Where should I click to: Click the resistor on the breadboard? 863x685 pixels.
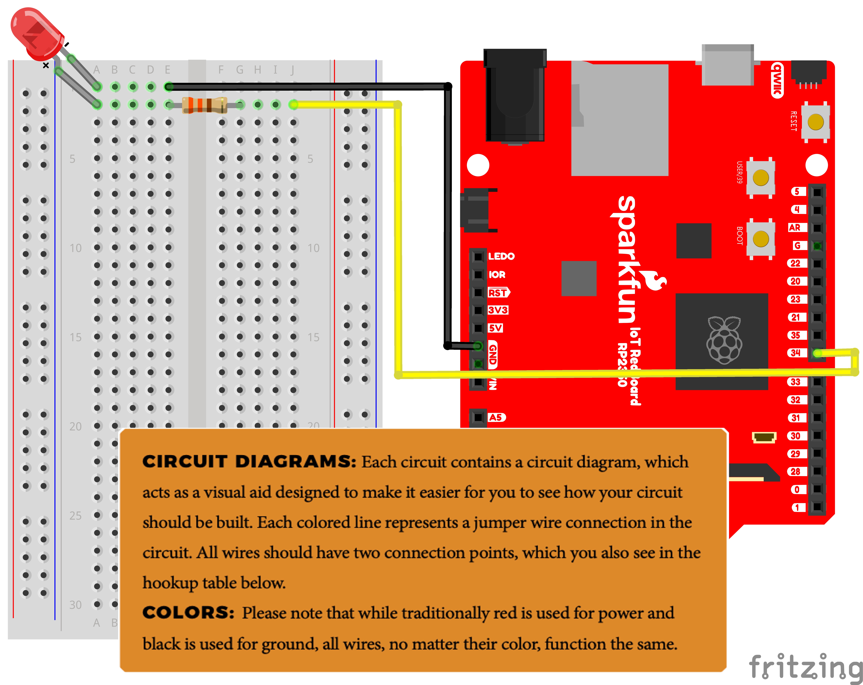coord(204,105)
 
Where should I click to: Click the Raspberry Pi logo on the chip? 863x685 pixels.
coord(724,340)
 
